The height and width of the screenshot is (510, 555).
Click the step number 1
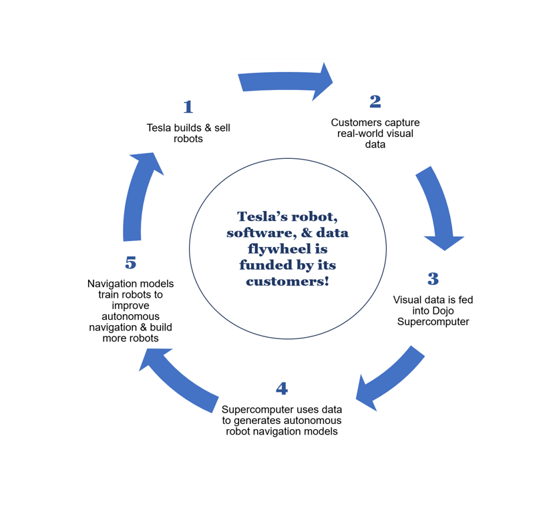[188, 107]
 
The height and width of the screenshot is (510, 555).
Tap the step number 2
[375, 101]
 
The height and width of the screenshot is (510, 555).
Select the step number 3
[433, 278]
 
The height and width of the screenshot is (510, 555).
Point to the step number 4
[282, 389]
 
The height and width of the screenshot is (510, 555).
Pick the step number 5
[131, 262]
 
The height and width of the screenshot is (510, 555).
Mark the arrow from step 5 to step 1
[137, 194]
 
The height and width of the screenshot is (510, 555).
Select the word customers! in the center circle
[287, 281]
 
